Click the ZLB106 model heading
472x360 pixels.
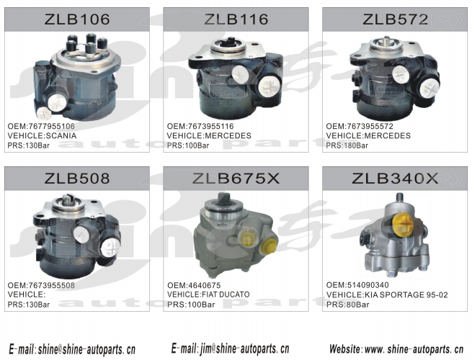point(77,19)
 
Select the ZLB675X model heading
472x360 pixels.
point(236,179)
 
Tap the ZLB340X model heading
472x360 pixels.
point(395,179)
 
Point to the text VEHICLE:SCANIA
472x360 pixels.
point(42,135)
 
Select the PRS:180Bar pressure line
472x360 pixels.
point(347,145)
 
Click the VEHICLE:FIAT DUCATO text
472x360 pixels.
point(208,294)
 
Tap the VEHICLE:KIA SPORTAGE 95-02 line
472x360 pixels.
point(387,294)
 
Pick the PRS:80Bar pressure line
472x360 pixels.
point(347,305)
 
